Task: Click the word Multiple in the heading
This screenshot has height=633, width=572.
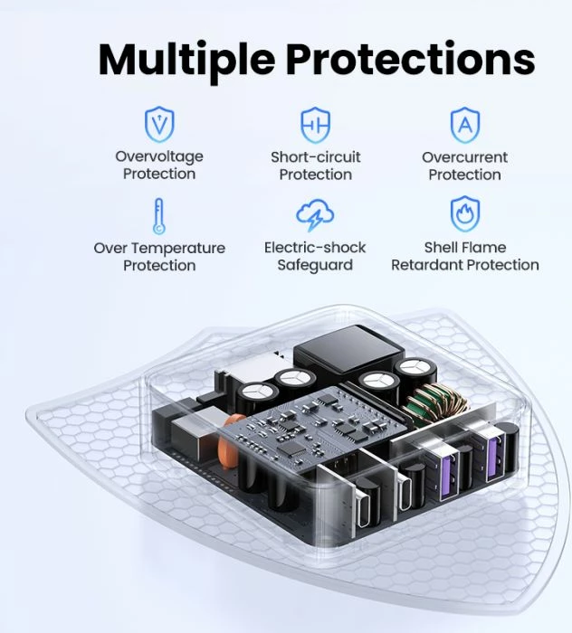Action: click(186, 61)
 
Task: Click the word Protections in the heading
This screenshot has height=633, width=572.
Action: click(411, 59)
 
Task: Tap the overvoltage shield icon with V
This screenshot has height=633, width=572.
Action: click(159, 125)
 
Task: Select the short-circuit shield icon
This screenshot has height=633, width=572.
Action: click(316, 125)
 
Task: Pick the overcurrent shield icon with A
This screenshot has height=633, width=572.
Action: click(465, 125)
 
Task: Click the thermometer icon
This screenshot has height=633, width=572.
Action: click(159, 216)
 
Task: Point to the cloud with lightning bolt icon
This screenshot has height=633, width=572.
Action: click(315, 215)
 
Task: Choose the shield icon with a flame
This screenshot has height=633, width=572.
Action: click(465, 213)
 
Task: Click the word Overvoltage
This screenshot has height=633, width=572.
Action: click(159, 156)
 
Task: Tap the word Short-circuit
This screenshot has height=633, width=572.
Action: click(316, 156)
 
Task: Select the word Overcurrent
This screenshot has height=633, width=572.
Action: click(465, 157)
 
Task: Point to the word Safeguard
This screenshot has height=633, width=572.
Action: click(315, 265)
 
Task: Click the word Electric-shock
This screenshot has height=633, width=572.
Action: click(315, 247)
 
